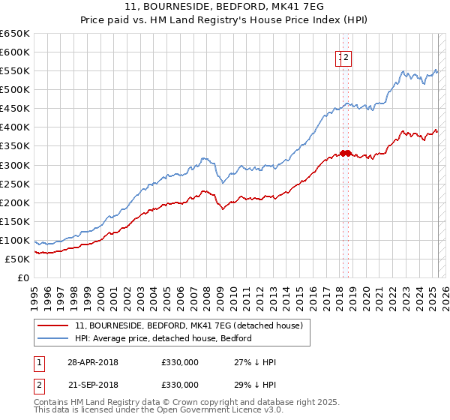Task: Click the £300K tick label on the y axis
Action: [x=15, y=165]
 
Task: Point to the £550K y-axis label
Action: [x=15, y=70]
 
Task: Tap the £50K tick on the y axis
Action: [x=18, y=259]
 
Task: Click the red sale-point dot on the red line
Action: [x=344, y=153]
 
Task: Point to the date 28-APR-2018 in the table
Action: [x=92, y=362]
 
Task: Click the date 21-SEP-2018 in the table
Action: [x=92, y=385]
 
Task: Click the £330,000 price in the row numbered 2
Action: [x=180, y=385]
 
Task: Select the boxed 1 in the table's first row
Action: [x=39, y=362]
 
